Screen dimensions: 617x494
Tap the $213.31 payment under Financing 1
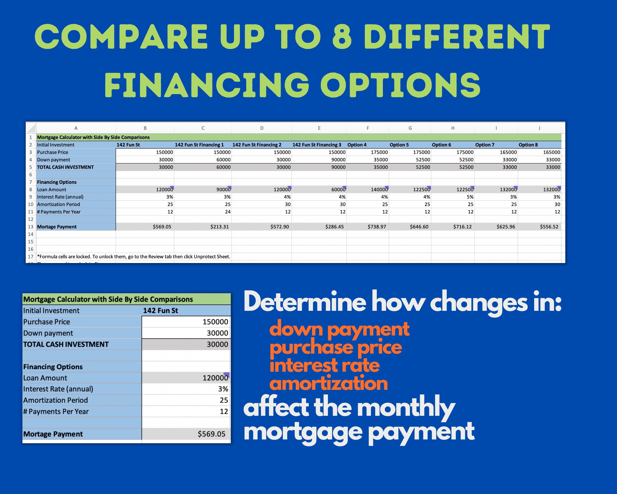pyautogui.click(x=219, y=227)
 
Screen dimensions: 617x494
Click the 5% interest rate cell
pyautogui.click(x=470, y=197)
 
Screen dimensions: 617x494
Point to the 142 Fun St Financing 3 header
pyautogui.click(x=317, y=145)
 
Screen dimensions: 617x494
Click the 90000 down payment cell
pyautogui.click(x=338, y=160)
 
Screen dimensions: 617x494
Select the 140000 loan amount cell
pyautogui.click(x=379, y=190)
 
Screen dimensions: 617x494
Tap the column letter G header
pyautogui.click(x=410, y=128)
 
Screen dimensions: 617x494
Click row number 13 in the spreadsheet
pyautogui.click(x=31, y=227)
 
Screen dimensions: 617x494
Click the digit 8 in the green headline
pyautogui.click(x=342, y=37)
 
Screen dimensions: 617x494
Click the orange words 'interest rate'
pyautogui.click(x=325, y=365)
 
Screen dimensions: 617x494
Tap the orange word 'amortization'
pyautogui.click(x=328, y=383)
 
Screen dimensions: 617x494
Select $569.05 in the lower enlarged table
pyautogui.click(x=211, y=434)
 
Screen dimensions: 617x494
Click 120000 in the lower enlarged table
pyautogui.click(x=215, y=378)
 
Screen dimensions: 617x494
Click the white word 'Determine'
pyautogui.click(x=305, y=302)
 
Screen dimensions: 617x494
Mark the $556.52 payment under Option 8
pyautogui.click(x=549, y=227)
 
